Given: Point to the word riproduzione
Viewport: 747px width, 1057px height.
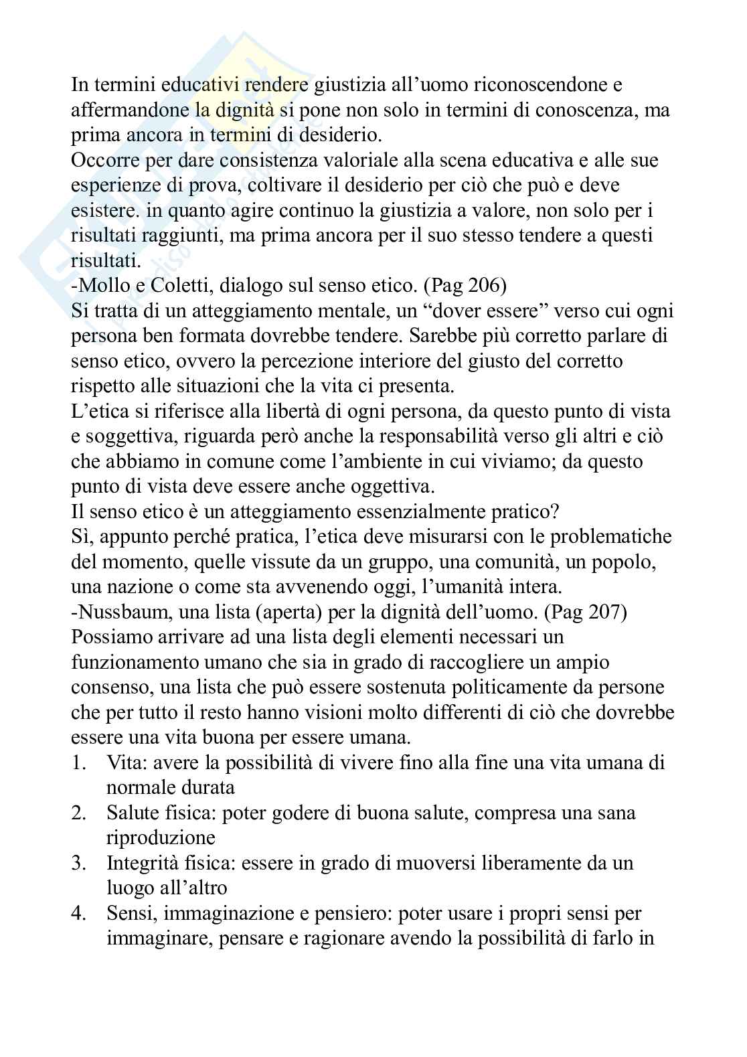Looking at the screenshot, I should tap(161, 838).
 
